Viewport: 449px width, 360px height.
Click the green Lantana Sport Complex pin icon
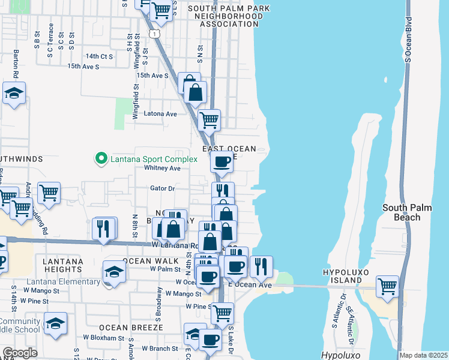point(101,159)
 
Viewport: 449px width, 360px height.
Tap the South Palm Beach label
point(402,212)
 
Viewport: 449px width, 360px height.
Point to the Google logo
point(20,353)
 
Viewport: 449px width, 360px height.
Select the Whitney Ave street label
point(162,169)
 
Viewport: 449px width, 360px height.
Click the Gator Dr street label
point(162,188)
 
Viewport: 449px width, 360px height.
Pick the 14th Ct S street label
point(99,56)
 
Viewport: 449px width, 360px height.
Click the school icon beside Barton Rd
point(14,94)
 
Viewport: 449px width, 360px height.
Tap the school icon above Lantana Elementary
point(114,271)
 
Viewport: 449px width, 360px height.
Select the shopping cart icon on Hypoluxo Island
point(388,285)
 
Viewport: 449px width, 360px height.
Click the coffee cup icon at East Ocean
point(222,161)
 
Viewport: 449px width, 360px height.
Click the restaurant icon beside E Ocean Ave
point(261,266)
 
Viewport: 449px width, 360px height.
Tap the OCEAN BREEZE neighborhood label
point(123,328)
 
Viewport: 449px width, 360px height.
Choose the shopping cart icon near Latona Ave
point(208,119)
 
